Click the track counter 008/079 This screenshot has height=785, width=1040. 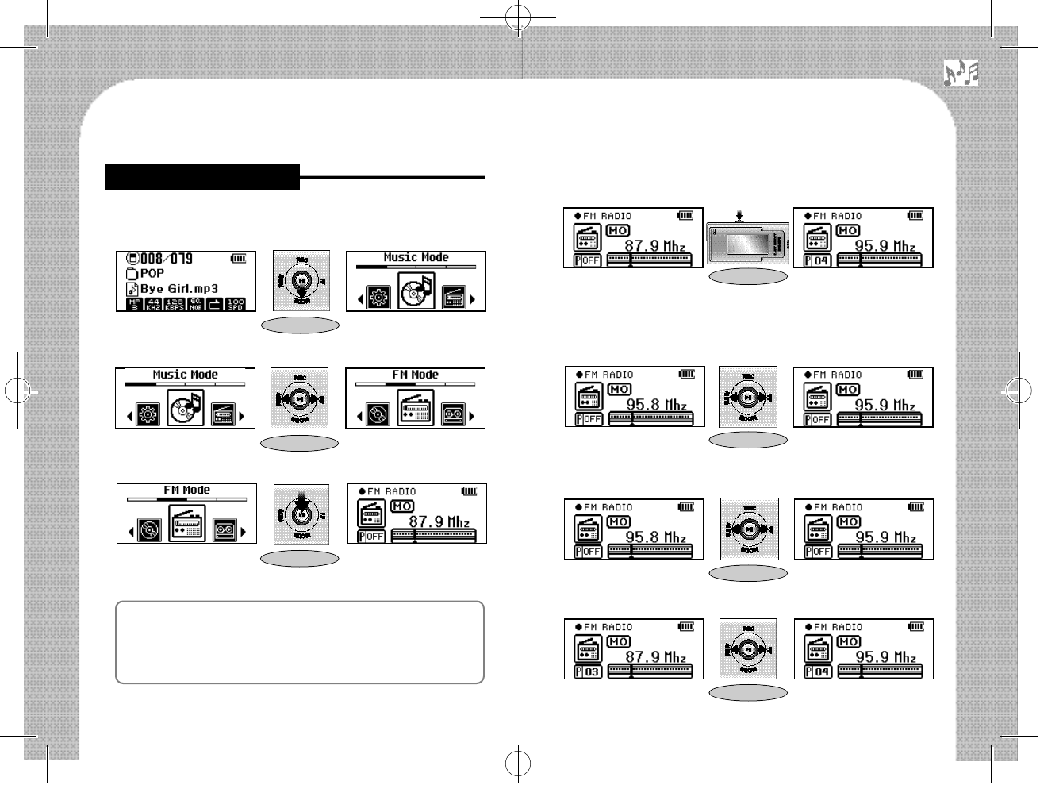click(x=167, y=259)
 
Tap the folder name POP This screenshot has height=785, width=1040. click(x=152, y=274)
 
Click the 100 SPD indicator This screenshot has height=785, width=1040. click(x=235, y=303)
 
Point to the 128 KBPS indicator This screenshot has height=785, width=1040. click(x=175, y=303)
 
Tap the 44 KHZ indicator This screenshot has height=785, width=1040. click(x=155, y=303)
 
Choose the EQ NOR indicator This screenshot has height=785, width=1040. click(x=196, y=303)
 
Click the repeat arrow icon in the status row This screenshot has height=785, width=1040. click(x=215, y=303)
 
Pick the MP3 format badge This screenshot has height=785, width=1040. click(x=134, y=303)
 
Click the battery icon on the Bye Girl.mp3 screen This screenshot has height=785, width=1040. click(x=238, y=258)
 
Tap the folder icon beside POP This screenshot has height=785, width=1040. click(x=132, y=274)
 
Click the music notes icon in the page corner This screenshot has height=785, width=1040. click(x=961, y=73)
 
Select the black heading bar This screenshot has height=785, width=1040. click(x=202, y=177)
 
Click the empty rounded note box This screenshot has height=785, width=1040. click(x=300, y=642)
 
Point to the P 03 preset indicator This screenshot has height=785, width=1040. click(x=588, y=671)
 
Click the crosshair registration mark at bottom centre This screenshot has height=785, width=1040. click(x=517, y=767)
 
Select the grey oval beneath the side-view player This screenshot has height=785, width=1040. click(x=748, y=276)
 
